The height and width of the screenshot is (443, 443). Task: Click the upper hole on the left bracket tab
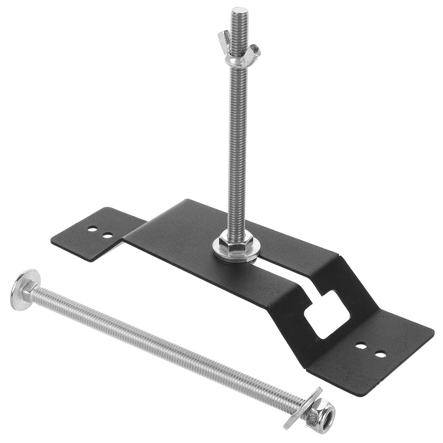pos(91,230)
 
